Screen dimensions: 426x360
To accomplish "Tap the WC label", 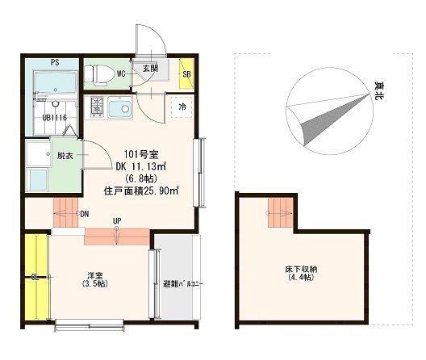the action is click(121, 73).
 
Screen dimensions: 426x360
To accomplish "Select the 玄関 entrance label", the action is click(150, 69).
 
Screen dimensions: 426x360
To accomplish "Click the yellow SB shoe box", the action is click(186, 73).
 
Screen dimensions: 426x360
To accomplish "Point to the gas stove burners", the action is click(97, 107).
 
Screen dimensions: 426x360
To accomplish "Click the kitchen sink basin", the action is click(119, 107).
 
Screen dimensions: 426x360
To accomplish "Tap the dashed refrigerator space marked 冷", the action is click(182, 107).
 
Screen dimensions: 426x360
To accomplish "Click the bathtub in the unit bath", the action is click(56, 82).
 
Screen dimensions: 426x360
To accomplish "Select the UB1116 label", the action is click(55, 118).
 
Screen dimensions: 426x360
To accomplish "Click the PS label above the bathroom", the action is click(55, 62).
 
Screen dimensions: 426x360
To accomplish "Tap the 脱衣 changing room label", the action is click(65, 156).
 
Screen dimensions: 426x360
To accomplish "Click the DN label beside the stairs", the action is click(85, 214).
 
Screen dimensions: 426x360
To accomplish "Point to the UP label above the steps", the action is click(117, 221).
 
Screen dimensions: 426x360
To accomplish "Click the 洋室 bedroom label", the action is click(95, 275).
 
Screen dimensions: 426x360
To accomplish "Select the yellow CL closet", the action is click(35, 278).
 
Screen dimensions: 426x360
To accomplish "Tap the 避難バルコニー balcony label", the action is click(183, 284).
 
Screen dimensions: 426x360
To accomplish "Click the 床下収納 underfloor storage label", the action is click(301, 269).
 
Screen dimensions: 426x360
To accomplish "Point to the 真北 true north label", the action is click(378, 90).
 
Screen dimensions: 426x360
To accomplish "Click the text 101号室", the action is click(141, 154).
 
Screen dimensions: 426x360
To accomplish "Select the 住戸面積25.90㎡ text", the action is click(141, 191).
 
